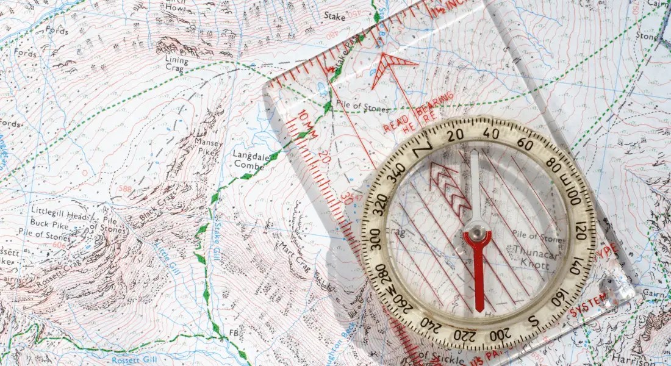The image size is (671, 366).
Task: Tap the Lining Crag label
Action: [x=177, y=65]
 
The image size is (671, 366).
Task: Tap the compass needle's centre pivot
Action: [x=476, y=232]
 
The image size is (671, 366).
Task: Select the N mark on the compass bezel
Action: [x=422, y=147]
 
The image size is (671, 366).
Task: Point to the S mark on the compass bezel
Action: [x=533, y=321]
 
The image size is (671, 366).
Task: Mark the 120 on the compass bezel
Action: [x=579, y=231]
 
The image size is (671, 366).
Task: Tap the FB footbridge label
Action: [x=233, y=332]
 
